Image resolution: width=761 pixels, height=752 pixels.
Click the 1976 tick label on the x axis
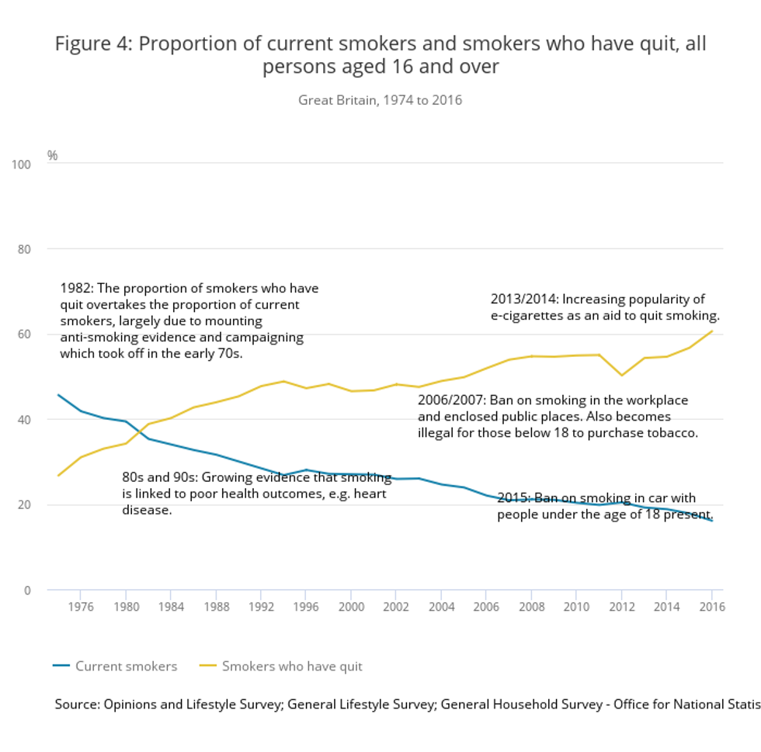click(81, 607)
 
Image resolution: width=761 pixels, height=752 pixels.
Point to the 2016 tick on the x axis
click(711, 607)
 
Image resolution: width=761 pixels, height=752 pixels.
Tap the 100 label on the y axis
click(21, 165)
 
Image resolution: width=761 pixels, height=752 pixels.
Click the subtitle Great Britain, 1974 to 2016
click(380, 100)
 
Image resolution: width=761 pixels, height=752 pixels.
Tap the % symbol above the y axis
click(52, 155)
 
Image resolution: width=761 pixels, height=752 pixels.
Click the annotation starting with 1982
click(189, 321)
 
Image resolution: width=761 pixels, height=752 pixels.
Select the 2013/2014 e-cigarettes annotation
click(605, 307)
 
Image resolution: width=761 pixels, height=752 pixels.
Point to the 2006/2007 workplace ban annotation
click(557, 417)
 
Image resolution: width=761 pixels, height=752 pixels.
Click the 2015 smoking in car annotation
click(604, 506)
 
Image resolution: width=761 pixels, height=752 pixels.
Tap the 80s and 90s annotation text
click(256, 494)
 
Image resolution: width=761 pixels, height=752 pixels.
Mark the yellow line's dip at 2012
click(621, 375)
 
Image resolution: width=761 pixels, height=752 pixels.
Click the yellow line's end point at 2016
click(712, 331)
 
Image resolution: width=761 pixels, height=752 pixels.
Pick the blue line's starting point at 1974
click(58, 394)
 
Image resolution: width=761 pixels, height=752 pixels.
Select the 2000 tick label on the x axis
click(351, 607)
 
